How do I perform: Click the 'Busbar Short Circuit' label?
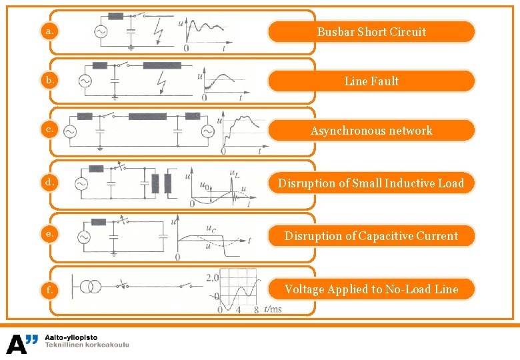(371, 31)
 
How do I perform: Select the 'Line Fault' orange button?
(371, 81)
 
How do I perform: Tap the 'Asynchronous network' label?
(371, 131)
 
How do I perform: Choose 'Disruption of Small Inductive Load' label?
(371, 183)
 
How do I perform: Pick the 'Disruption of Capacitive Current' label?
(371, 235)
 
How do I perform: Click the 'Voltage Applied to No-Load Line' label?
(371, 289)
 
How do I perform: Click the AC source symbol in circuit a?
(103, 31)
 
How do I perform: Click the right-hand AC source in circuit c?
(207, 131)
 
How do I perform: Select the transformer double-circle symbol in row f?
(91, 287)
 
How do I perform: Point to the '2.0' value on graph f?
(212, 277)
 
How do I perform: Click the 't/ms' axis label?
(273, 309)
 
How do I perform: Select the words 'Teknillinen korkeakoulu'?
(87, 345)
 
